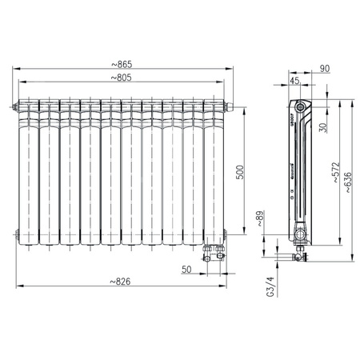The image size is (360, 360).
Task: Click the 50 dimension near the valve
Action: pyautogui.click(x=186, y=270)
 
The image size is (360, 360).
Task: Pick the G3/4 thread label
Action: pyautogui.click(x=270, y=286)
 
